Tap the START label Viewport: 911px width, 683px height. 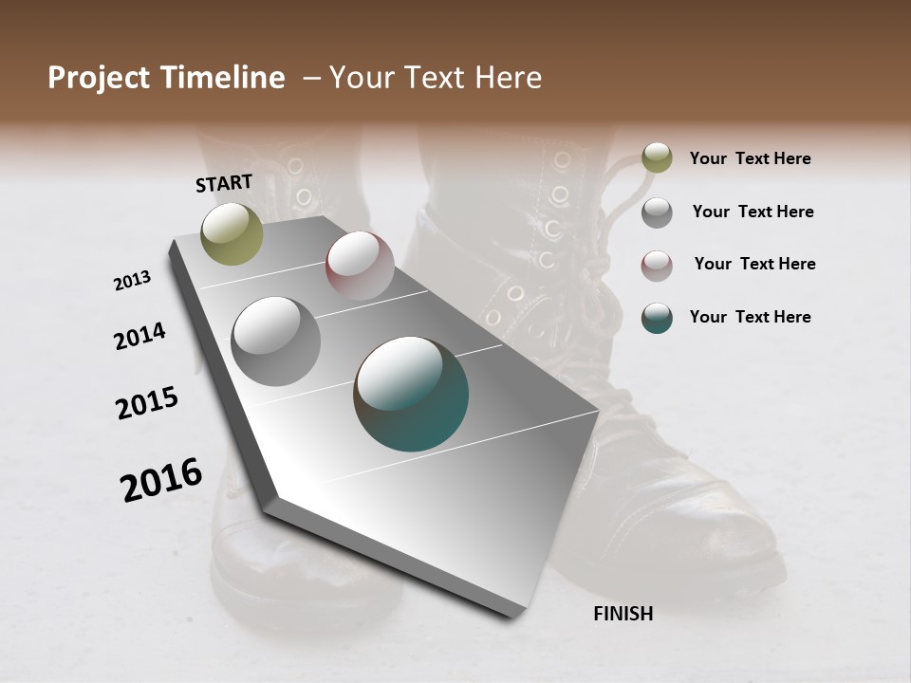[x=224, y=183]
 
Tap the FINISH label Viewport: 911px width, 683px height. [x=623, y=614]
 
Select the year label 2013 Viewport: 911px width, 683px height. [x=133, y=281]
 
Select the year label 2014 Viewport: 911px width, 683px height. [x=140, y=336]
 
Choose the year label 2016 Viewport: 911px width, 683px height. [x=161, y=479]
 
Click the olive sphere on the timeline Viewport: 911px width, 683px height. [x=232, y=233]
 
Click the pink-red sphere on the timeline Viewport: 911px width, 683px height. [x=360, y=265]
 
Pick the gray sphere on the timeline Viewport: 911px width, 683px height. [x=276, y=341]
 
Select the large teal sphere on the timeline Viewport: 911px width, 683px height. [x=411, y=394]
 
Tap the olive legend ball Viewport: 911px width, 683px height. [x=657, y=158]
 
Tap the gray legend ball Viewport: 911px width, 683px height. [x=657, y=212]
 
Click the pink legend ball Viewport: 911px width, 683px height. [x=657, y=265]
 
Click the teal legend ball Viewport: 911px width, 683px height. [x=657, y=317]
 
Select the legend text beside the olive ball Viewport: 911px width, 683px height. [x=751, y=158]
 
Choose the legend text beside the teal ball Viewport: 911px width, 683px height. [x=751, y=317]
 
